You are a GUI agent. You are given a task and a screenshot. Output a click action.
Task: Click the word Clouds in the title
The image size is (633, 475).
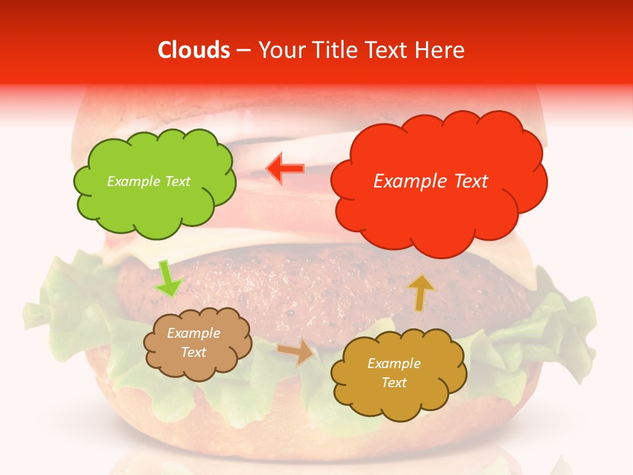pos(194,50)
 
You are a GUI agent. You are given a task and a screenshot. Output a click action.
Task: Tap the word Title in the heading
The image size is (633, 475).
pos(333,50)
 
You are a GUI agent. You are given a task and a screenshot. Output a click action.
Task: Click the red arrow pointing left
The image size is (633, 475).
pos(285,168)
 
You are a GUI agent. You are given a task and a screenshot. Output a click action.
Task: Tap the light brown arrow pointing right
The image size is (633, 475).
pos(296,352)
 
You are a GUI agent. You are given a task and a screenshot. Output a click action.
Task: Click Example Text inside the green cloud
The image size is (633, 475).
pos(148,181)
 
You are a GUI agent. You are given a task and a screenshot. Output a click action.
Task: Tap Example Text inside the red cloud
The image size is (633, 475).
pos(431,181)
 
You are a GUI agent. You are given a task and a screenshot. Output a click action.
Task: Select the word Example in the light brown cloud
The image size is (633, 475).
pos(193,333)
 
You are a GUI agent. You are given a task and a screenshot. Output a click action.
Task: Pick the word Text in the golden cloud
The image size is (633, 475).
pos(394,383)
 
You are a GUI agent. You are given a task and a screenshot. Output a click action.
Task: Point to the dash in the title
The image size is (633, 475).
pos(243,51)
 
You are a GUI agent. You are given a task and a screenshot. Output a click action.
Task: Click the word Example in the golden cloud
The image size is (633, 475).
pos(394,364)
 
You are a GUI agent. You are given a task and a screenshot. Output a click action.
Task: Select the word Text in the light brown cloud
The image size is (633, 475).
pos(194,352)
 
